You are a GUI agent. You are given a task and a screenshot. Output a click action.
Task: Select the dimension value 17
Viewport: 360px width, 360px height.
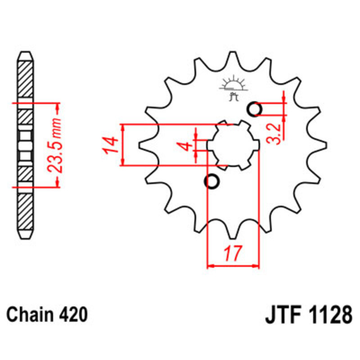233,254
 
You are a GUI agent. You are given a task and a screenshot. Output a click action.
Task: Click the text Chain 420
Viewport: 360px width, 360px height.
46,314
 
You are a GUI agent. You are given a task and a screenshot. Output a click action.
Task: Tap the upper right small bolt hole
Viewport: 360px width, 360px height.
255,109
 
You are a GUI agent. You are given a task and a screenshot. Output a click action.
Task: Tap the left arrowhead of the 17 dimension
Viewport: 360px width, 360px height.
210,266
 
